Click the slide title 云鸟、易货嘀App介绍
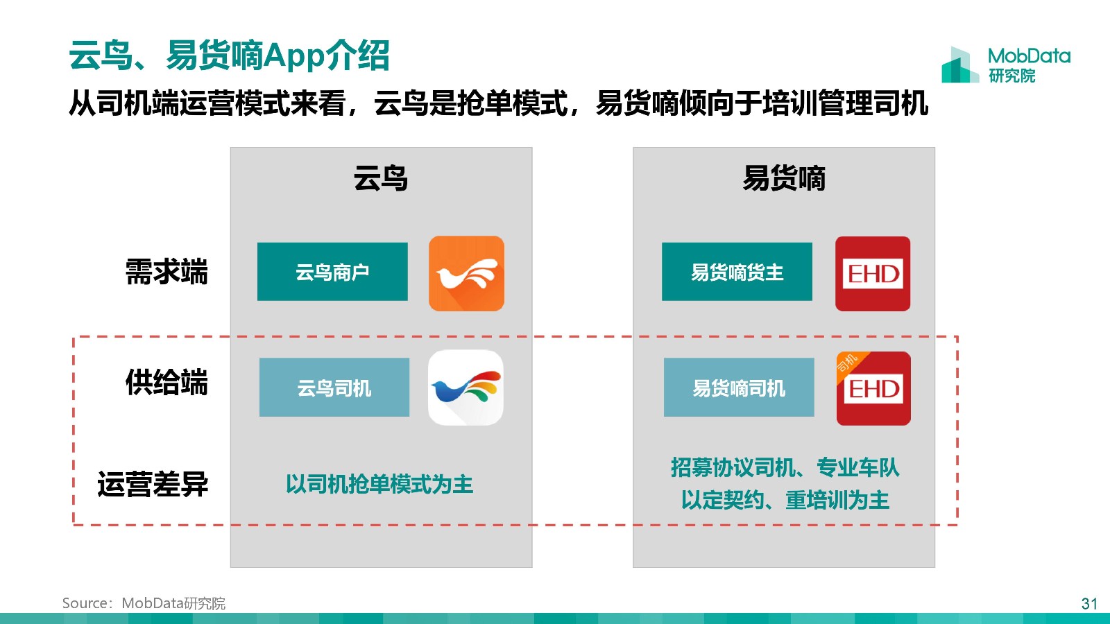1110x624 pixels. point(229,55)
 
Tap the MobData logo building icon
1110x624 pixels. point(960,65)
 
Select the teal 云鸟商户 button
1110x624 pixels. point(332,271)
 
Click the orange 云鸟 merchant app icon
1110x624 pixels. point(466,273)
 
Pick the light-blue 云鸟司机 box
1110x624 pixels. point(334,388)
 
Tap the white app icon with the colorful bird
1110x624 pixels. point(466,388)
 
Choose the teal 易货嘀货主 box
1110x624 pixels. point(737,271)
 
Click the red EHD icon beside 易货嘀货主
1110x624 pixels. point(873,274)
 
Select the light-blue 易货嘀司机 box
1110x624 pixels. point(739,388)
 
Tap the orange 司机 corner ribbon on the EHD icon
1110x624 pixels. point(849,365)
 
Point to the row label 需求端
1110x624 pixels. point(166,272)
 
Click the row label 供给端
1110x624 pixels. point(166,382)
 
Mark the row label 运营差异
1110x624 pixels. point(153,484)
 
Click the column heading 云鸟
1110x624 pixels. point(381,178)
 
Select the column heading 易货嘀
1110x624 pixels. point(784,178)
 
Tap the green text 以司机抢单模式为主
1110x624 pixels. point(379,484)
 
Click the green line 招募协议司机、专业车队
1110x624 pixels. point(785,467)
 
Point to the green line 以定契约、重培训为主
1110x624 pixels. point(785,500)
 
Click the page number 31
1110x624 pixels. point(1089,604)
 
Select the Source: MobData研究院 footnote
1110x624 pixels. point(144,603)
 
